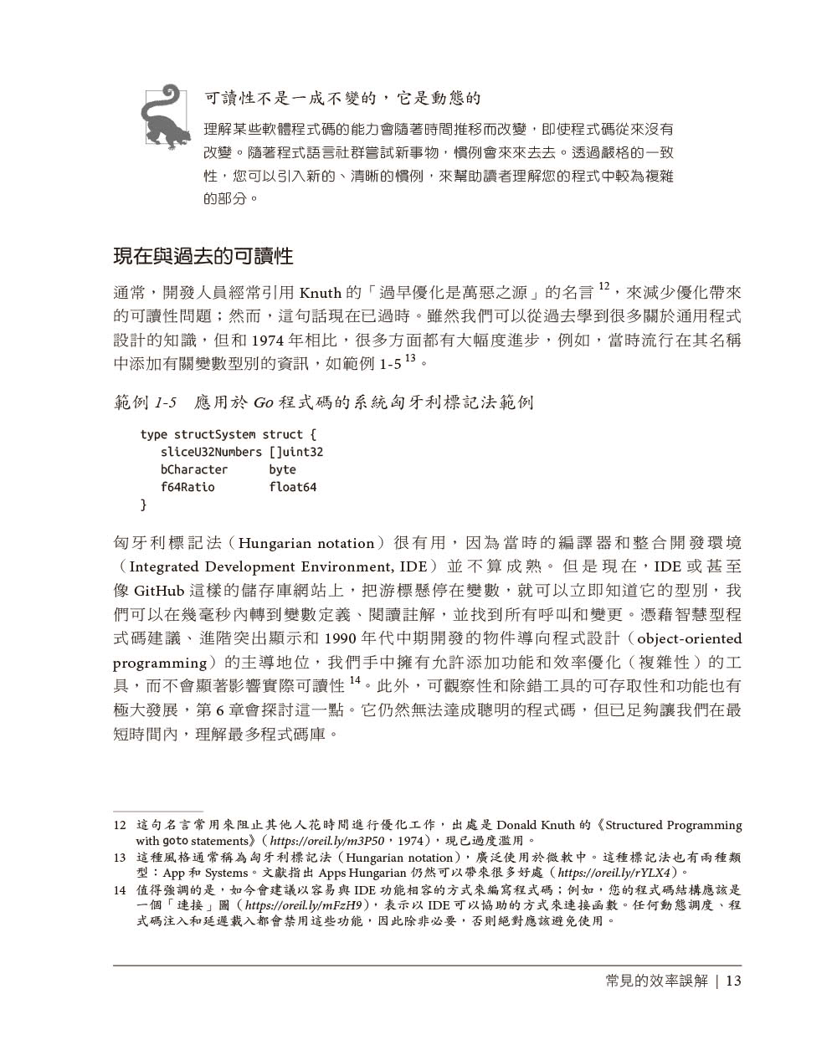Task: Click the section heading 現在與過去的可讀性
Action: pos(203,255)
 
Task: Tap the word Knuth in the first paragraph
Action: pos(320,293)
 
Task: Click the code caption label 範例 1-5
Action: pos(146,402)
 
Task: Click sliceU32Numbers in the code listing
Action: pos(211,452)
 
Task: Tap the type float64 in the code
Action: pos(292,487)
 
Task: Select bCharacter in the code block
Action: pos(194,469)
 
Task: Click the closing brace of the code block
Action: pos(143,505)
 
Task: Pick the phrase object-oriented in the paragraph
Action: pos(689,638)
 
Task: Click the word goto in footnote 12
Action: pos(175,840)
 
